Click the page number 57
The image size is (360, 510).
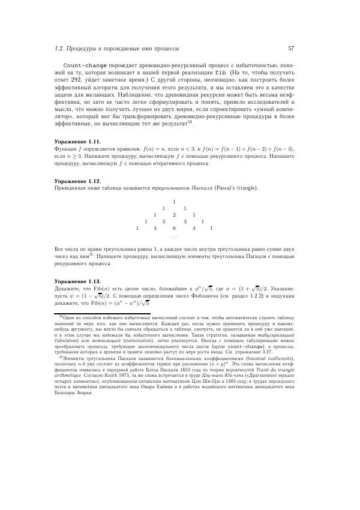290,48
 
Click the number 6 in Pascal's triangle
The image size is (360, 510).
174,228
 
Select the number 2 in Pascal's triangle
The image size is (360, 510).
174,214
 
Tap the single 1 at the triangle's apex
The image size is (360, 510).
174,201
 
